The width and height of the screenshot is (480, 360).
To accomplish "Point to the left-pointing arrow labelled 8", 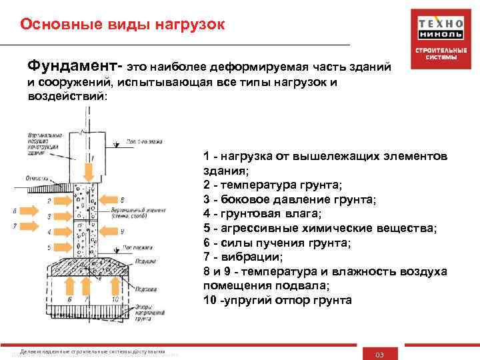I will coord(108,199).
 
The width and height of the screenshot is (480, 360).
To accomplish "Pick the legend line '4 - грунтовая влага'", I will coord(262,213).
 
